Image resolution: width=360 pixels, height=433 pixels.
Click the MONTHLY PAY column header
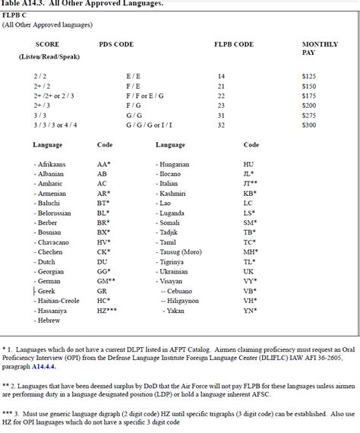(x=320, y=49)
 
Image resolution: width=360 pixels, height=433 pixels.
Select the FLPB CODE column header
(x=234, y=45)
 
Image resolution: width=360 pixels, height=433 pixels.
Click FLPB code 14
(x=221, y=77)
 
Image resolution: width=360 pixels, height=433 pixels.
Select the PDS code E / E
(x=132, y=77)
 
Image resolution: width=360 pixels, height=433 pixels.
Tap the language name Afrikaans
(x=52, y=164)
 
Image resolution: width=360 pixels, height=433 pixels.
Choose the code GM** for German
(x=106, y=280)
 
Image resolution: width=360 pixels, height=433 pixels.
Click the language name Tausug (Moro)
(x=183, y=251)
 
